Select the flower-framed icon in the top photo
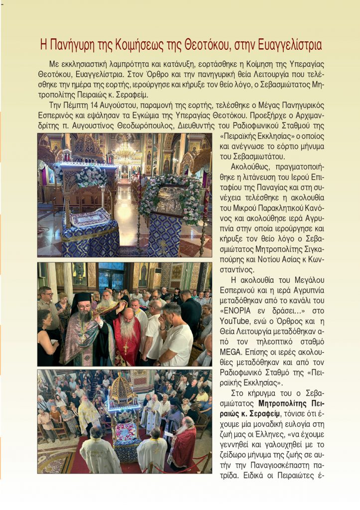point(170,200)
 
